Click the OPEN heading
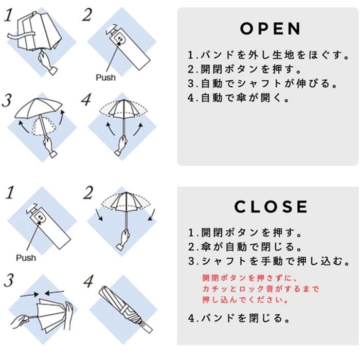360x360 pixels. click(271, 29)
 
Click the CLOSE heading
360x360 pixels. click(271, 207)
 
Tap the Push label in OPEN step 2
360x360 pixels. click(105, 78)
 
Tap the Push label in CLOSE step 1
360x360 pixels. click(26, 257)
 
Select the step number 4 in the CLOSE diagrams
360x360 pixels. click(88, 282)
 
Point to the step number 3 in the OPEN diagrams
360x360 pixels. click(7, 100)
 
